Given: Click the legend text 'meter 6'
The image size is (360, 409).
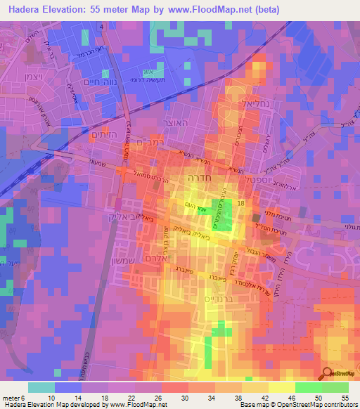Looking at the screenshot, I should [x=13, y=398].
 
